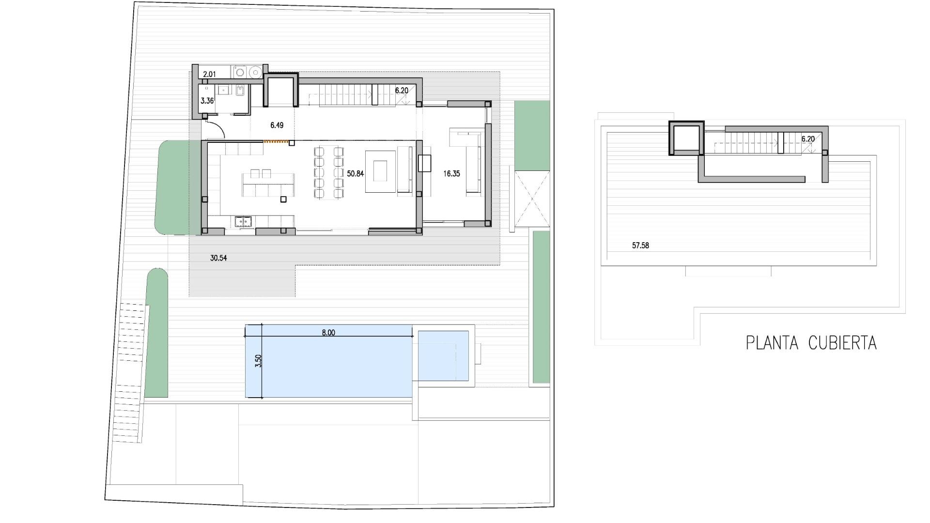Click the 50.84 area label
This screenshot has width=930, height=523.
[355, 173]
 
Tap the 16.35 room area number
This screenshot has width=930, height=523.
[451, 173]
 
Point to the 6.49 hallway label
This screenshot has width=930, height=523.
[277, 125]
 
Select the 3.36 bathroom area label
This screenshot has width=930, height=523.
[207, 101]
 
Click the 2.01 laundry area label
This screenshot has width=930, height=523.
[209, 74]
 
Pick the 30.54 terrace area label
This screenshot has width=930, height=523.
[218, 258]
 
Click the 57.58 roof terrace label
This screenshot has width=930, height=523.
[640, 246]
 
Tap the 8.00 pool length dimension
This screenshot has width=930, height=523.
[328, 333]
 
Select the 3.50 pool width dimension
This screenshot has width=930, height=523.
[259, 361]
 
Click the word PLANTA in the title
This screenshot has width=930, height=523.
[772, 343]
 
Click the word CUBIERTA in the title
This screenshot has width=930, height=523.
[842, 343]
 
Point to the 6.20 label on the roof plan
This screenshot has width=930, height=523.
[808, 139]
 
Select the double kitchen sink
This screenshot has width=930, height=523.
[244, 222]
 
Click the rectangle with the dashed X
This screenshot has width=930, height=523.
[532, 199]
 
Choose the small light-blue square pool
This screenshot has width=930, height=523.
[443, 356]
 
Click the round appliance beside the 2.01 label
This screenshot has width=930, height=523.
[255, 73]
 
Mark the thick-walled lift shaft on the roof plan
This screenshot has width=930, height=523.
[686, 138]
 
